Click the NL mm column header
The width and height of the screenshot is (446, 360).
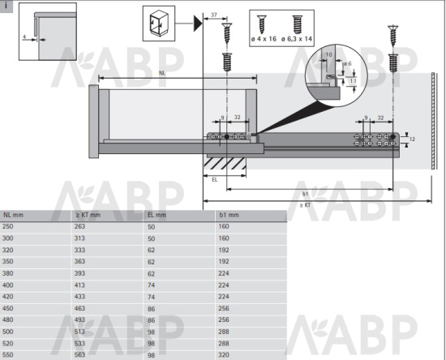click(x=13, y=215)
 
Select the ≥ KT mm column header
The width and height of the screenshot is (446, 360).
click(x=88, y=215)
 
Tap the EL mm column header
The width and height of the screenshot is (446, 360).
click(x=157, y=215)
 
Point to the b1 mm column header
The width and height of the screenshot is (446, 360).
click(x=229, y=215)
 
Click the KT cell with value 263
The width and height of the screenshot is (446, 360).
click(x=79, y=226)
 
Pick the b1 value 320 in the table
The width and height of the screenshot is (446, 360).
click(x=224, y=355)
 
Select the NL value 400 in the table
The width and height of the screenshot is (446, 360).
click(x=7, y=285)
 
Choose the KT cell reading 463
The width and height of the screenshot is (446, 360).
click(x=79, y=308)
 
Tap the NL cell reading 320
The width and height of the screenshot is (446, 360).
click(x=7, y=250)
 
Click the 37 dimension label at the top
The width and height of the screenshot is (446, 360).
click(x=214, y=15)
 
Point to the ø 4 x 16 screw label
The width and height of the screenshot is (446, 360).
click(x=264, y=39)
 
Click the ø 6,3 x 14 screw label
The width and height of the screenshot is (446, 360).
click(x=297, y=39)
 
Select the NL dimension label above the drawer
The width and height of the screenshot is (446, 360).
click(x=162, y=73)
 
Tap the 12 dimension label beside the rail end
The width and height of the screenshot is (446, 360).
click(x=412, y=139)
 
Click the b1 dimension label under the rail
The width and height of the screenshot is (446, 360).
click(x=305, y=194)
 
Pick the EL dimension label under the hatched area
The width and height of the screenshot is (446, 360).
click(x=214, y=180)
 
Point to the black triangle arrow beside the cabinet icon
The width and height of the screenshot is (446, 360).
click(x=198, y=24)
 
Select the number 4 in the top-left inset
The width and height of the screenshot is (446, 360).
click(x=24, y=37)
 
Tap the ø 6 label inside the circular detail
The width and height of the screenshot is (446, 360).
click(x=348, y=63)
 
